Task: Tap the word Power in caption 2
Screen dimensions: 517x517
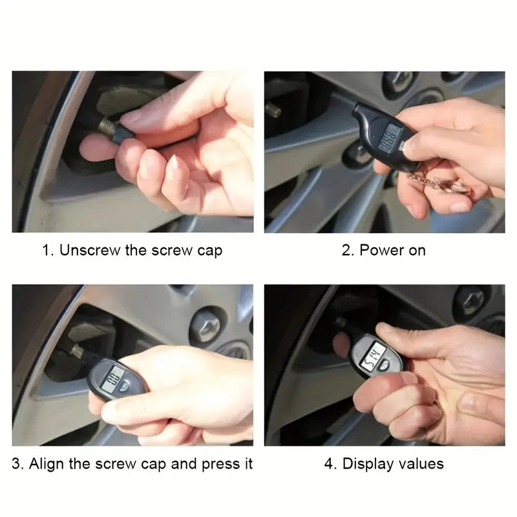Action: [381, 250]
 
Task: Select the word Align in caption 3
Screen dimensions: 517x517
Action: [48, 463]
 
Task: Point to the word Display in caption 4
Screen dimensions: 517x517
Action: [366, 463]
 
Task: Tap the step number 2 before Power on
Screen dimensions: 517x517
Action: [345, 250]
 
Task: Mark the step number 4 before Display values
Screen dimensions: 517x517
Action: [328, 463]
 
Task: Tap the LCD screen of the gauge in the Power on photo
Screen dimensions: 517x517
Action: [390, 138]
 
